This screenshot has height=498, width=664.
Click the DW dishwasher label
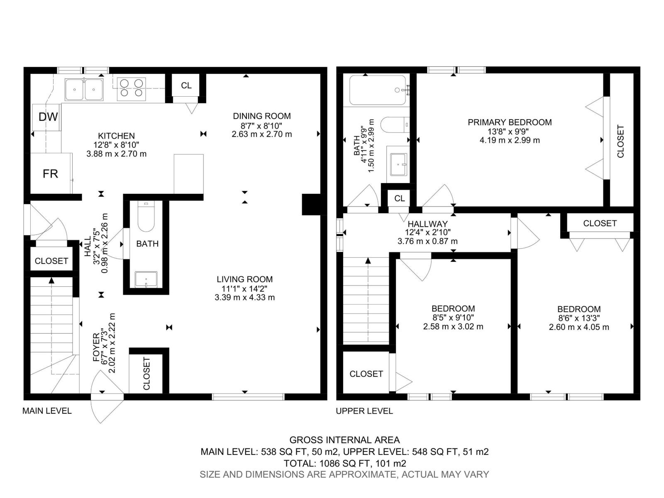click(x=48, y=117)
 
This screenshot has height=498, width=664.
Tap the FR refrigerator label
click(x=50, y=174)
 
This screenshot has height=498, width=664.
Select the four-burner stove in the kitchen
click(x=132, y=89)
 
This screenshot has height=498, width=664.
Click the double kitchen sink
click(x=84, y=90)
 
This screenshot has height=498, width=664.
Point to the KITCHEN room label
click(x=117, y=136)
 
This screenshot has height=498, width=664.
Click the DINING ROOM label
click(x=262, y=116)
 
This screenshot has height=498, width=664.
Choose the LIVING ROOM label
click(x=245, y=279)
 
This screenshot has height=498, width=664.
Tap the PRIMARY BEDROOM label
click(x=510, y=122)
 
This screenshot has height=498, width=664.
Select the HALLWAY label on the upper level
click(x=427, y=224)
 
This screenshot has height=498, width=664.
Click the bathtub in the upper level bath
click(x=378, y=90)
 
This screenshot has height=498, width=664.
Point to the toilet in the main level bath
click(x=146, y=217)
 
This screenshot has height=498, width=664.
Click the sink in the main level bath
click(x=146, y=279)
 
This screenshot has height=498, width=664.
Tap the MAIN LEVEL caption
click(x=47, y=411)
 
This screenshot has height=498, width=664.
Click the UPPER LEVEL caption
click(x=364, y=411)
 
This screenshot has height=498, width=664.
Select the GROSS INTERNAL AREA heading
click(x=344, y=440)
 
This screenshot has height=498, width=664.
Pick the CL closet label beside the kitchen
click(x=186, y=85)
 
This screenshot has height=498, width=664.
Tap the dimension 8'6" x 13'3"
click(x=579, y=318)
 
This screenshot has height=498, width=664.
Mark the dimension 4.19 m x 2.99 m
click(x=510, y=140)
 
